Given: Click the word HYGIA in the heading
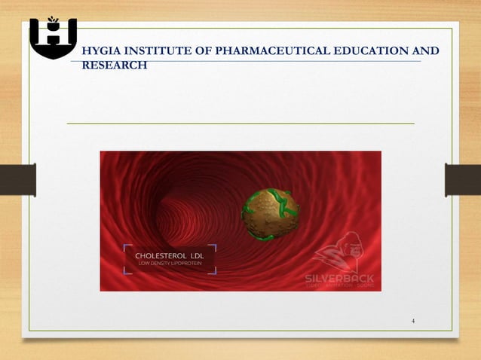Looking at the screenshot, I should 101,51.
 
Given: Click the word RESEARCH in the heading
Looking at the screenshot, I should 114,65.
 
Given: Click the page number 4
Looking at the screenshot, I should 413,322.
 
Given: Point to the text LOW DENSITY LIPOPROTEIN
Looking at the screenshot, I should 170,265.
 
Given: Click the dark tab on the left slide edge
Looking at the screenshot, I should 17,180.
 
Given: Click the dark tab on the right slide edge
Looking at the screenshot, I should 462,180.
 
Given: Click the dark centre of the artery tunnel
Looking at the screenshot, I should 181,211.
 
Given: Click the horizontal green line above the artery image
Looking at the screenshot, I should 241,123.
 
